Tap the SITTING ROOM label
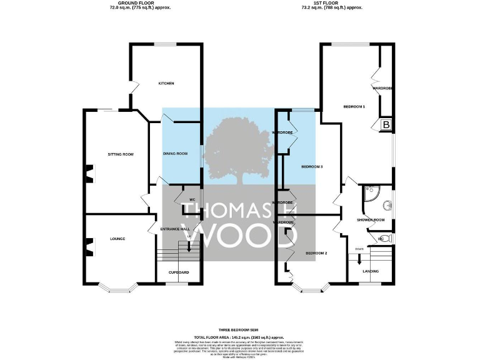[121, 154]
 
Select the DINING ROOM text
[175, 154]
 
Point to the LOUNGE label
[117, 239]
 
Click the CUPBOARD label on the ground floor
[179, 272]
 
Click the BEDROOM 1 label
[354, 107]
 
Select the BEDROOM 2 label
[316, 253]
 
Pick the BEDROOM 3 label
[312, 167]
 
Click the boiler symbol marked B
[386, 125]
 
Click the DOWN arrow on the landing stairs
[360, 255]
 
